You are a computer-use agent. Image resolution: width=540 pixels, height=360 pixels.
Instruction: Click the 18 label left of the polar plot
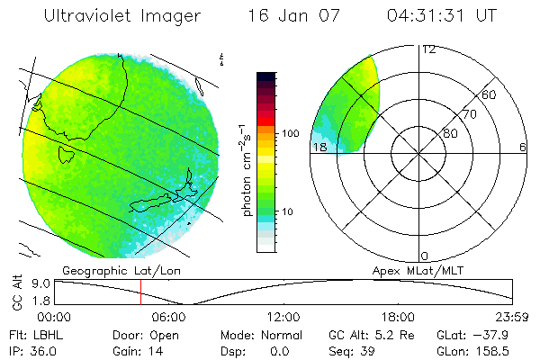coord(319,147)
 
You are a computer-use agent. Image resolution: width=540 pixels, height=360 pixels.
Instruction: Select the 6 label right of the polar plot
coord(523,147)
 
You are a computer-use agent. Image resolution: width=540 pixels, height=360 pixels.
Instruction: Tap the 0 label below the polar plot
coord(425,256)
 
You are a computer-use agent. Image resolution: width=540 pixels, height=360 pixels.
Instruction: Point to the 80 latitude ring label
coord(450,133)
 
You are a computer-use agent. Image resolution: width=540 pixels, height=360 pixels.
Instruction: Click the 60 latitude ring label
coord(490,94)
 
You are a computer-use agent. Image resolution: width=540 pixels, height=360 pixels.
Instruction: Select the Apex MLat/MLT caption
coord(417,268)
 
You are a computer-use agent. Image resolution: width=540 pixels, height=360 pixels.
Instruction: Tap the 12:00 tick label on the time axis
coord(284,317)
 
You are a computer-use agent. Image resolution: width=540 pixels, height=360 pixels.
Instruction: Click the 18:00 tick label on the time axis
coord(398,317)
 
